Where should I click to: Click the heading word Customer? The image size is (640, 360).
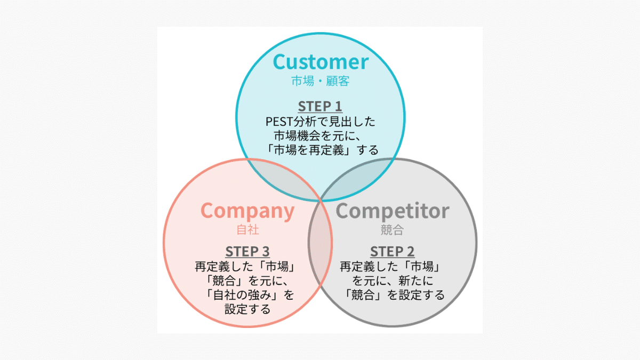[x=320, y=62]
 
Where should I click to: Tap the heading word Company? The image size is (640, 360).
[x=247, y=211]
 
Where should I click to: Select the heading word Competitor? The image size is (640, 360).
[x=392, y=211]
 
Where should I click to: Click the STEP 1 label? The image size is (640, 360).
[x=320, y=106]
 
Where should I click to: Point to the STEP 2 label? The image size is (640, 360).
[x=392, y=252]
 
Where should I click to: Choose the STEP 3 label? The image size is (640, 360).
[x=247, y=252]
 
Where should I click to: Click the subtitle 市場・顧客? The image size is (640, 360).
[x=320, y=82]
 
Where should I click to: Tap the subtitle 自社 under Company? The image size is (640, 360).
[x=247, y=230]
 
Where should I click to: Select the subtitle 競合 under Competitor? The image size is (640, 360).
[x=392, y=230]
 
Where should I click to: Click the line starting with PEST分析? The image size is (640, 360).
[x=320, y=121]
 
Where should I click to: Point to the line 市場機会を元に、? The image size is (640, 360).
[x=320, y=135]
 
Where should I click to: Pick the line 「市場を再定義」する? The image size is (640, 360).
[x=320, y=150]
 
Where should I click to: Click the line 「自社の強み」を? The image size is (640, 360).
[x=247, y=294]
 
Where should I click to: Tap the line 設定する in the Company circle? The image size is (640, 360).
[x=247, y=309]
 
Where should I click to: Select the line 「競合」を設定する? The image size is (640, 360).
[x=392, y=294]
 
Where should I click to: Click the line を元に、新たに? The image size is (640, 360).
[x=392, y=280]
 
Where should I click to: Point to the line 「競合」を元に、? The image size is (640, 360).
[x=247, y=280]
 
